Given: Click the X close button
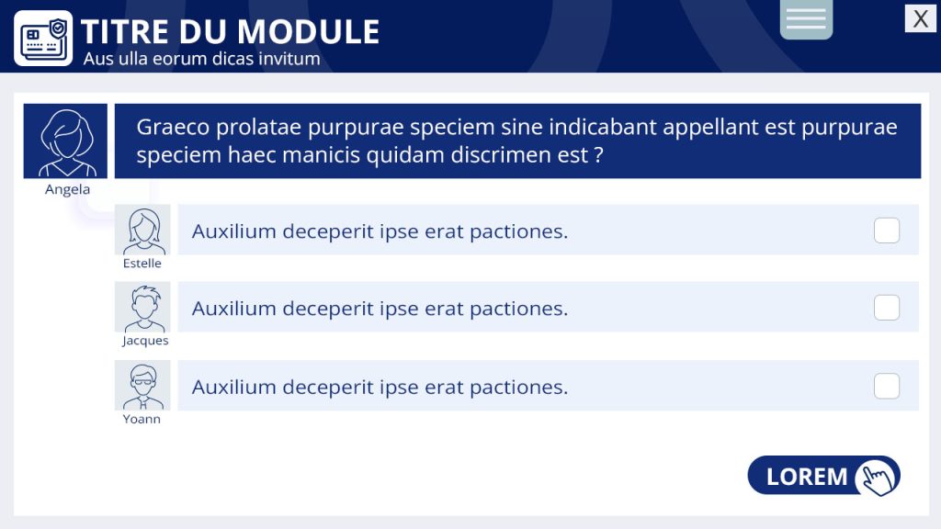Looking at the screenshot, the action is pos(920,18).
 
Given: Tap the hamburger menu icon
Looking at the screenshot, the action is pos(806,18).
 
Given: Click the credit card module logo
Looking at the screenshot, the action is pos(43,38).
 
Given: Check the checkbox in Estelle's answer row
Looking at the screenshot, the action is pos(887,231).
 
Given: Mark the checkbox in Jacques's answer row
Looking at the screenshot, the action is pos(887,308).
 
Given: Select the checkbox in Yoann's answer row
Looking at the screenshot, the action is pos(887,387).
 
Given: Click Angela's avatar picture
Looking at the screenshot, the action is pos(65,141).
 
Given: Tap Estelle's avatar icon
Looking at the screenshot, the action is pos(142,230).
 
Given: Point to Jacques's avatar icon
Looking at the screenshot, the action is pos(142,307).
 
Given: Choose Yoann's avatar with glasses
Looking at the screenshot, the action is pos(142,385).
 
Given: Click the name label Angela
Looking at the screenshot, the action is pos(67,189).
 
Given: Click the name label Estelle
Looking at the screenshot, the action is pos(142,264).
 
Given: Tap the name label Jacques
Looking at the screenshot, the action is pos(145,341).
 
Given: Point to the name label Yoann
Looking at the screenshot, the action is pos(142,419).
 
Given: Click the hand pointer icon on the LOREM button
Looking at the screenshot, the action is pos(878,478).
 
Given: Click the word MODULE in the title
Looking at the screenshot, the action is pos(309,32).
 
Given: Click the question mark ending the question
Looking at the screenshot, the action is pos(598,154).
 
